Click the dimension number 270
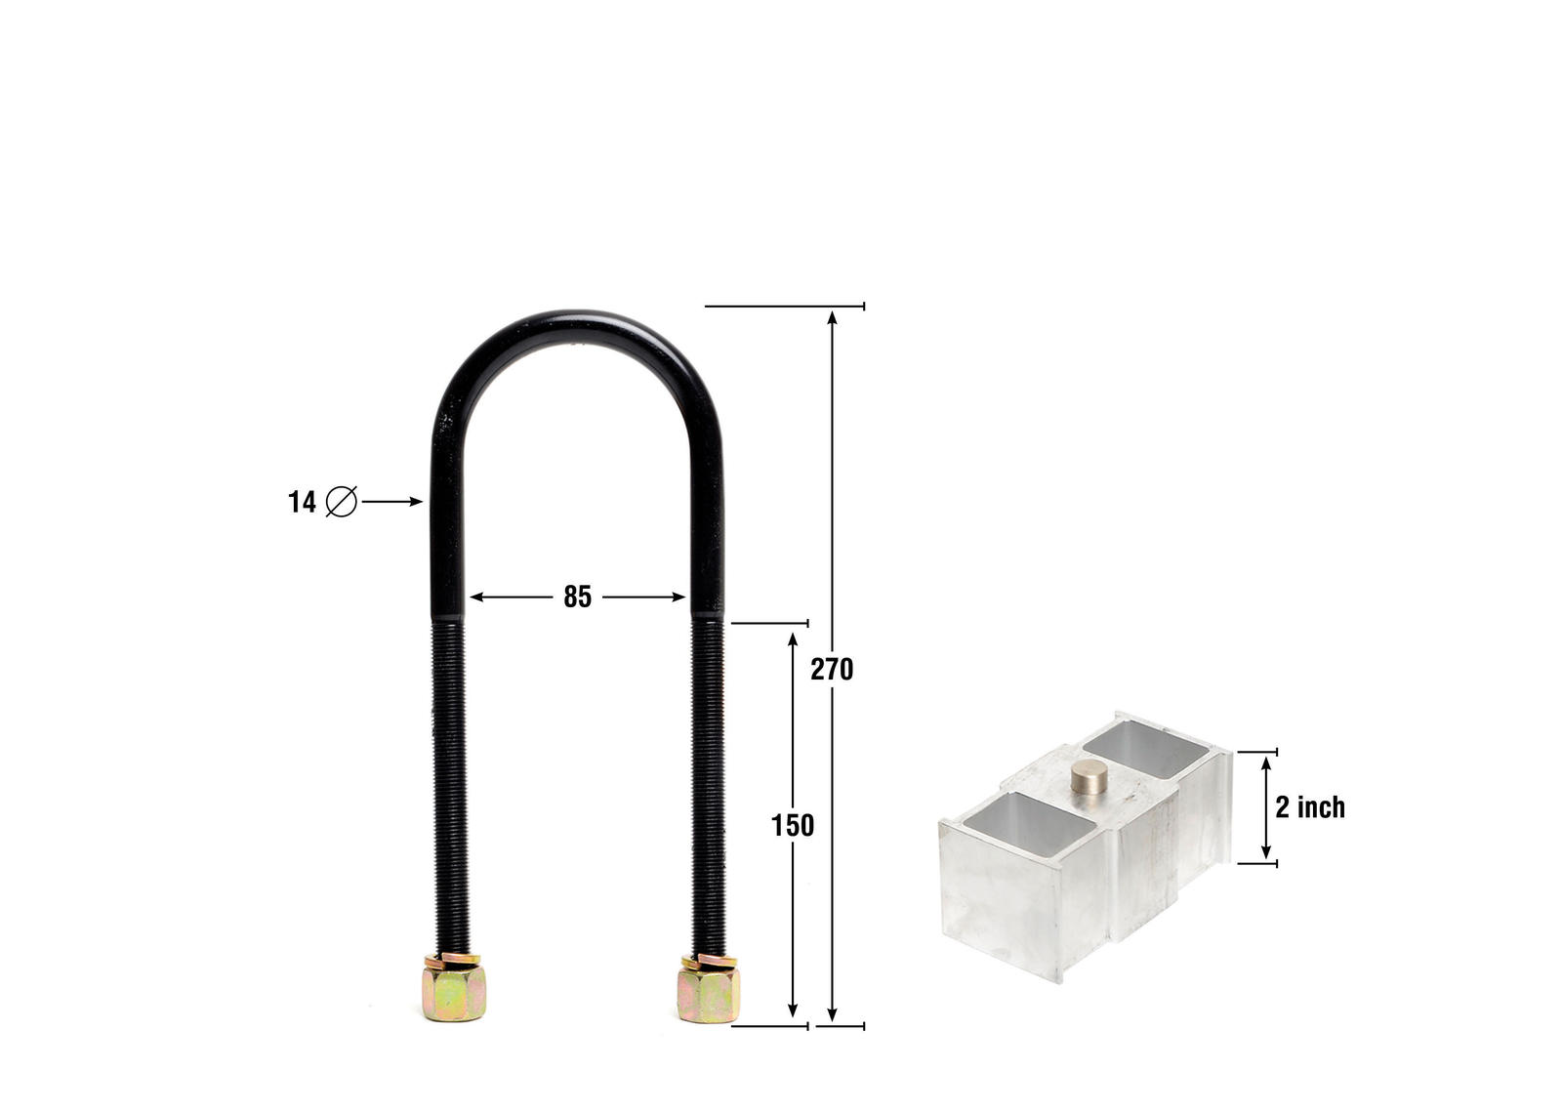point(832,670)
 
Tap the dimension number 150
point(792,826)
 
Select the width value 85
point(577,598)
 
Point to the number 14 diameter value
point(302,503)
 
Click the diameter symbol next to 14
point(341,502)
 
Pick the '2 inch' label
point(1309,807)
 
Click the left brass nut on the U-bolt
point(454,989)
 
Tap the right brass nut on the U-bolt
point(708,991)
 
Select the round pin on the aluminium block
point(1089,777)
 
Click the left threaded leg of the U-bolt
point(449,781)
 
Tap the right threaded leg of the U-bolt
point(708,781)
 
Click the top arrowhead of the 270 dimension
point(832,316)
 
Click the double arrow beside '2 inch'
point(1266,807)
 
